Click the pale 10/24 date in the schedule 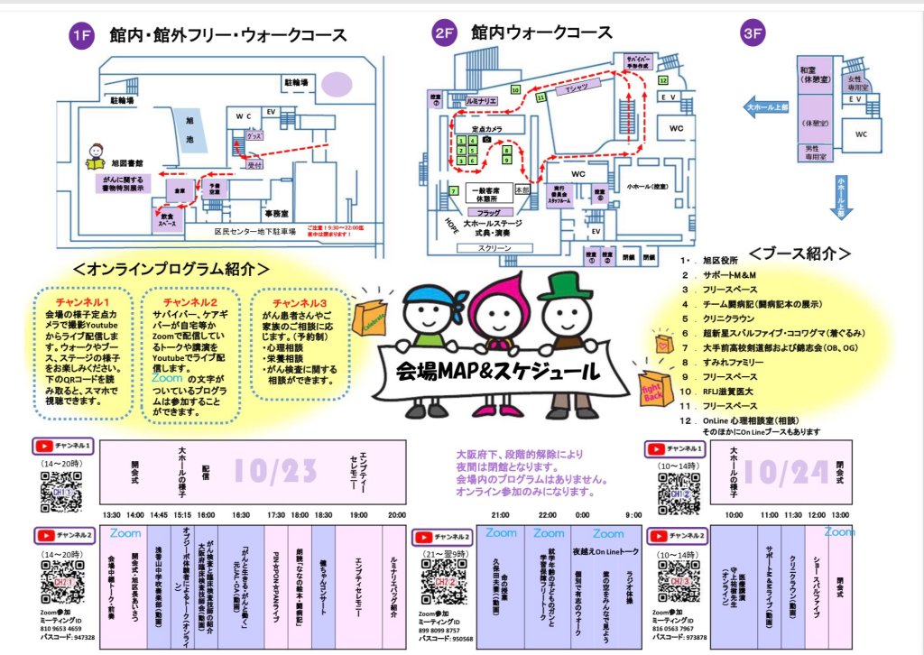[x=785, y=471]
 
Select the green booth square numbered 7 [x=453, y=191]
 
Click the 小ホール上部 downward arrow [x=841, y=197]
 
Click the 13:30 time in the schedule [x=111, y=514]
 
